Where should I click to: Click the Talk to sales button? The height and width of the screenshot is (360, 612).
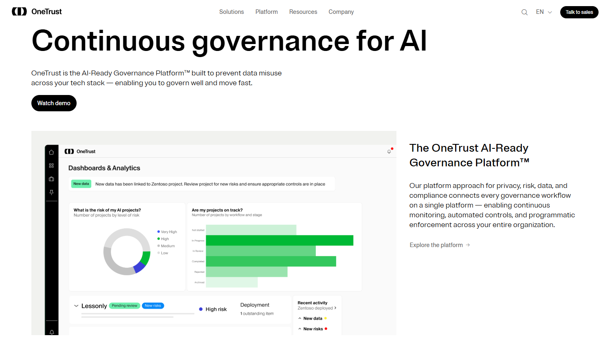point(579,12)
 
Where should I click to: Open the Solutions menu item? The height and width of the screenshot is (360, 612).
point(231,12)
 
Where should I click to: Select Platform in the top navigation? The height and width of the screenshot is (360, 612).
point(266,12)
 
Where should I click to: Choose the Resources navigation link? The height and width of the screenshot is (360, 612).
point(303,12)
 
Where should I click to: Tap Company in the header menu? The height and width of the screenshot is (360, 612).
point(341,12)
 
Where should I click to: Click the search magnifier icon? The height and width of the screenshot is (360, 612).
point(524,12)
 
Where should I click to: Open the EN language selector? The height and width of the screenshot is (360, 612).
point(544,12)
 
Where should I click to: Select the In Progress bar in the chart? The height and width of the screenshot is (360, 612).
point(280,241)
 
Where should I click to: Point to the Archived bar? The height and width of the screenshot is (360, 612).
point(231,282)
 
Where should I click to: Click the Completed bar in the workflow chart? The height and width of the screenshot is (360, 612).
point(271,261)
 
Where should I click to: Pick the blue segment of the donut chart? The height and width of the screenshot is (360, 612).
point(139,267)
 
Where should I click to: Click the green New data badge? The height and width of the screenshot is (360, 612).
point(81,184)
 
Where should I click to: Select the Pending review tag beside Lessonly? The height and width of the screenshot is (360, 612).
point(125,306)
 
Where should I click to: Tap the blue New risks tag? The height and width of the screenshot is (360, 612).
point(153,306)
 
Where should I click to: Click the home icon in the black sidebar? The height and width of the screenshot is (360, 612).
point(51,152)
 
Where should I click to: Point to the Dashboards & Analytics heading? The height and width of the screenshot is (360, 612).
point(104,168)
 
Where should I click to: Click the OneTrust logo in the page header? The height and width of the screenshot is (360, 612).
point(37,11)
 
